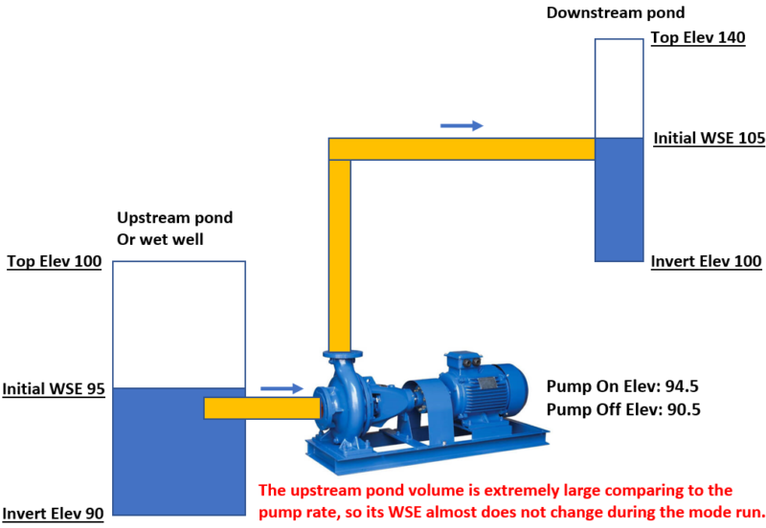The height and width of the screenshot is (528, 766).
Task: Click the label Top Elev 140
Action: [x=696, y=38]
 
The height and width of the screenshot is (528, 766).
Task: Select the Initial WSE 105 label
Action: [x=709, y=139]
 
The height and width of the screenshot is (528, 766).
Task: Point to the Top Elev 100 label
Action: [x=55, y=261]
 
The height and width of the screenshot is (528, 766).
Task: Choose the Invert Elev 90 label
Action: [x=54, y=514]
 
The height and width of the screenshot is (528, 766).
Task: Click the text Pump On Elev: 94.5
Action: [x=618, y=387]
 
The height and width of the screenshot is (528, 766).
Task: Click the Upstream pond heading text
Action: [x=174, y=218]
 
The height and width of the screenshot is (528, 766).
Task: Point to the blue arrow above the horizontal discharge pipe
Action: [x=462, y=125]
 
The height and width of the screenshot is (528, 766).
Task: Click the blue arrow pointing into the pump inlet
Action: [x=282, y=389]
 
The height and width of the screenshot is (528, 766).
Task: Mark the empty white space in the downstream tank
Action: [x=618, y=86]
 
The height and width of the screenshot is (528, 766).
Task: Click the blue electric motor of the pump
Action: [x=484, y=387]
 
